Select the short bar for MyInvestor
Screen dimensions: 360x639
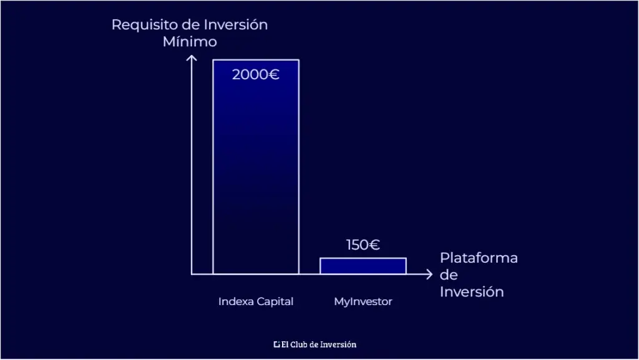point(363,266)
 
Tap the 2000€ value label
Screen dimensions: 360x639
point(256,75)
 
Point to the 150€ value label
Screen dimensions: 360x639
point(363,245)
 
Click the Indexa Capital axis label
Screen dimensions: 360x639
point(256,302)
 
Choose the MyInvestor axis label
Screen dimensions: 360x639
point(363,302)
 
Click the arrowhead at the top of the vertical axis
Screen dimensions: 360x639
point(192,59)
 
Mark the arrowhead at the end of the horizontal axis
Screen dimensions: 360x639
point(429,274)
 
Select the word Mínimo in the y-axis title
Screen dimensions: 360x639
point(190,42)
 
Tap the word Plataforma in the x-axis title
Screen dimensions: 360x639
point(479,258)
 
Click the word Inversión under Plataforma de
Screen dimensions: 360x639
point(471,292)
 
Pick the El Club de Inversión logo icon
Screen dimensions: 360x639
point(276,344)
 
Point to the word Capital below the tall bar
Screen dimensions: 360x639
point(275,302)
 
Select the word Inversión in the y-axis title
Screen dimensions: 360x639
point(236,25)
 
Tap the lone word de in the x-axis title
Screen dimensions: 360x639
point(448,275)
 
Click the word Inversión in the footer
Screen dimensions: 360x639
point(339,344)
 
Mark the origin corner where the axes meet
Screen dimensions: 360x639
point(192,274)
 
